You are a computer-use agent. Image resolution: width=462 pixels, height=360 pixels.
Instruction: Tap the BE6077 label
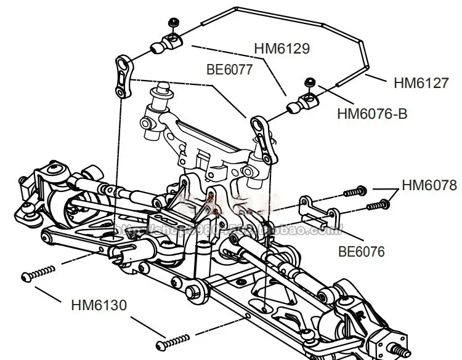[x=229, y=70]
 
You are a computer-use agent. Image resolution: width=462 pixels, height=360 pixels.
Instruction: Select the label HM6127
[x=421, y=82]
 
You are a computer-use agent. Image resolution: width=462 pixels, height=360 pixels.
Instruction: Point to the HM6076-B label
[x=372, y=113]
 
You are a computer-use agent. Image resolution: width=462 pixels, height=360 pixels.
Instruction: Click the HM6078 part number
[x=429, y=185]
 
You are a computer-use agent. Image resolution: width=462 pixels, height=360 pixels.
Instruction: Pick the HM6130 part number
[x=99, y=304]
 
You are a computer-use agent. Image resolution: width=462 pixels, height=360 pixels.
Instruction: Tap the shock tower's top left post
[x=164, y=89]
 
